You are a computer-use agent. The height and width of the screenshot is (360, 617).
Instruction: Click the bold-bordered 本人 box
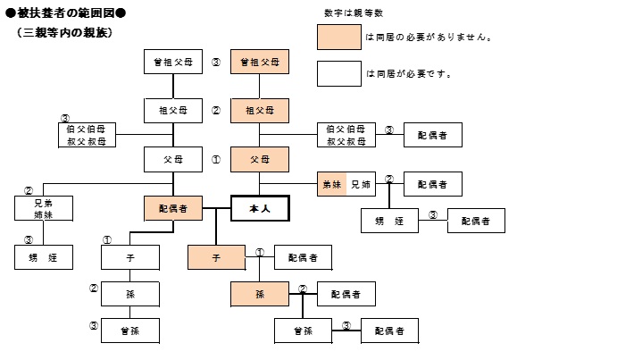point(260,209)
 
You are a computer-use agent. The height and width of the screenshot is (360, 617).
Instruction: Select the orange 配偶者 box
point(173,209)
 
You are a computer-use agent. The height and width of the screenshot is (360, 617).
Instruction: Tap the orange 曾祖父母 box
point(260,63)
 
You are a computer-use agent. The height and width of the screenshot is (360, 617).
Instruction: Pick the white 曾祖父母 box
point(173,63)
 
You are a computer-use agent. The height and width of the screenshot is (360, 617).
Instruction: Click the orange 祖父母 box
point(260,111)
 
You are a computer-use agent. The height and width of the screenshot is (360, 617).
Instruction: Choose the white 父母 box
point(173,160)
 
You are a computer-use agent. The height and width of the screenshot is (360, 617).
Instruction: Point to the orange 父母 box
point(260,160)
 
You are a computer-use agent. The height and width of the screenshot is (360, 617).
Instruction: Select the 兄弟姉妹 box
point(43,209)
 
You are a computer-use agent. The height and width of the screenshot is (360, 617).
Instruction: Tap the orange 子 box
point(216,257)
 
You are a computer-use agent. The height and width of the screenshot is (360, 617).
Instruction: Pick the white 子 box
point(130,257)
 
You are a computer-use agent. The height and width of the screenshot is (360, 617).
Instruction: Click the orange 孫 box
point(260,294)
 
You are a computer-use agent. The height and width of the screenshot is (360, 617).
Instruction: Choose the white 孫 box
point(130,294)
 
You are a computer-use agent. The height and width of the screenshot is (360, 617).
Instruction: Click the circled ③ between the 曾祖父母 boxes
point(216,63)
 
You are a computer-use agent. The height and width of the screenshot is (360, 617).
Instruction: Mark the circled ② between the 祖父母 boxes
point(216,111)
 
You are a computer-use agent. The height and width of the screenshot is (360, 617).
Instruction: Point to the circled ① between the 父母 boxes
point(216,160)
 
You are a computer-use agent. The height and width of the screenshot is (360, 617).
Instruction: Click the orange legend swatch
point(338,38)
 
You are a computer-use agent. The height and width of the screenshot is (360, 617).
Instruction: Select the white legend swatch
point(338,73)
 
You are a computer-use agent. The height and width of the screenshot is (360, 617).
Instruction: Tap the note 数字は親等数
point(353,13)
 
